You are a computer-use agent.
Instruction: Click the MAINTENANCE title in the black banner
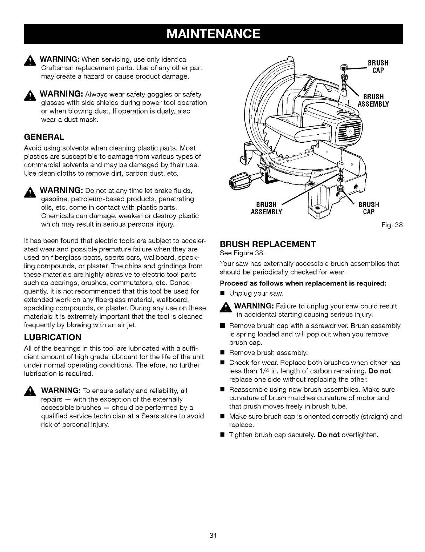(213, 34)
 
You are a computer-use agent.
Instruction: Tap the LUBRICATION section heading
(53, 337)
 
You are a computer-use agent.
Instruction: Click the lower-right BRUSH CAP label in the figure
(369, 208)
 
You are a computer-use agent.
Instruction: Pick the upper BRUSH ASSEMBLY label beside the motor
(373, 100)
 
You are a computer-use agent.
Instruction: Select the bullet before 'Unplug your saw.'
(222, 293)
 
